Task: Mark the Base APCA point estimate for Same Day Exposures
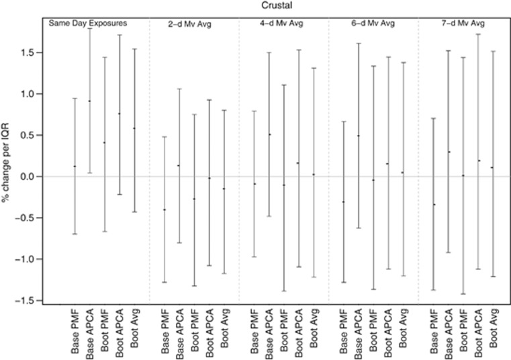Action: click(90, 101)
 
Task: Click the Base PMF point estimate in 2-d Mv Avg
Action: click(165, 210)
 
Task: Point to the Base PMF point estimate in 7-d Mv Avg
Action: click(433, 204)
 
